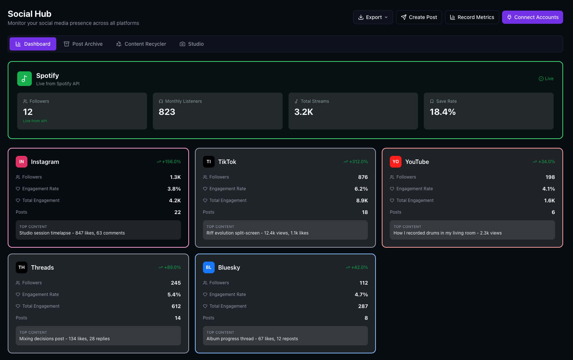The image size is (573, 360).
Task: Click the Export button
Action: tap(373, 17)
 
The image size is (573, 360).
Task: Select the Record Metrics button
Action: tap(472, 17)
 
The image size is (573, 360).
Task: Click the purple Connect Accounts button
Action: tap(532, 17)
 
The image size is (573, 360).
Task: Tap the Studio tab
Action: tap(192, 44)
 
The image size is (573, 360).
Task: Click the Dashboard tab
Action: tap(33, 44)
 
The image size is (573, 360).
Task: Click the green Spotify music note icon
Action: tap(24, 79)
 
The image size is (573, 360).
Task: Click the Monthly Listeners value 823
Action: tap(167, 112)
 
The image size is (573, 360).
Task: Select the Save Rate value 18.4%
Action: tap(442, 112)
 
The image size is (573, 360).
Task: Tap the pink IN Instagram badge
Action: tap(22, 162)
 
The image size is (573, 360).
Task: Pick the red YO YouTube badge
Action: tap(396, 162)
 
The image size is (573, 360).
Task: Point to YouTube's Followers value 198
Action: tap(550, 177)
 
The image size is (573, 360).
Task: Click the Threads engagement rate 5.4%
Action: tap(174, 295)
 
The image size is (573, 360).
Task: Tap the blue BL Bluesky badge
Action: tap(208, 267)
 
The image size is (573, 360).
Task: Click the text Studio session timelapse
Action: tap(45, 233)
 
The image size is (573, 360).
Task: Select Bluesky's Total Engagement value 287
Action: tap(363, 306)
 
